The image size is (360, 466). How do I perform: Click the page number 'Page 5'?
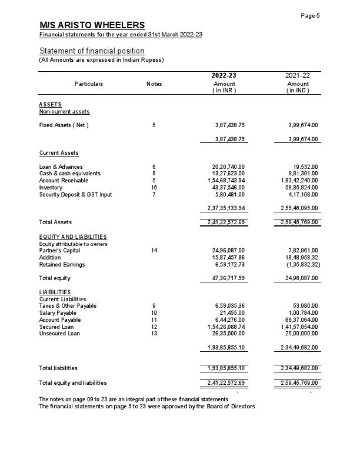tap(310, 15)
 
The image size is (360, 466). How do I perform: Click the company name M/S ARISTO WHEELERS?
tap(92, 25)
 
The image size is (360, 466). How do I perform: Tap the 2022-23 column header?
tap(224, 76)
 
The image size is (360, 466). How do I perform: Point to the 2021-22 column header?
tap(298, 76)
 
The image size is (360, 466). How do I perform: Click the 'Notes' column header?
tap(154, 84)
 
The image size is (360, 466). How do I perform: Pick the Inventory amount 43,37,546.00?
tap(228, 188)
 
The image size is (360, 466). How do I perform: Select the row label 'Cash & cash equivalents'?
tap(70, 174)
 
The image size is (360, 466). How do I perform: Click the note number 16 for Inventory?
tap(154, 188)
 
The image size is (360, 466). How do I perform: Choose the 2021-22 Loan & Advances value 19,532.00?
tap(304, 167)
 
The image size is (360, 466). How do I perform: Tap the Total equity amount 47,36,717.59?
tap(226, 278)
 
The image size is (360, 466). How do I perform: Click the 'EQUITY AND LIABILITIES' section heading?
tap(72, 237)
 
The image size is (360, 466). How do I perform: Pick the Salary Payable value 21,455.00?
tap(232, 312)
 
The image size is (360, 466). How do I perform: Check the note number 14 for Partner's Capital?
tap(154, 251)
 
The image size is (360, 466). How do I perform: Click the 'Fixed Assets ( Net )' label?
tap(64, 125)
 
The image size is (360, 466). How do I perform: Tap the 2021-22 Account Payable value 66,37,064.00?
tap(300, 319)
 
